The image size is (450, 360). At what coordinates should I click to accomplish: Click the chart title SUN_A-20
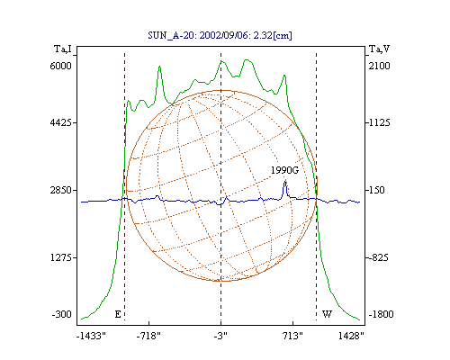point(171,35)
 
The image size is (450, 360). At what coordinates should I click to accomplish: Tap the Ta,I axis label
point(63,49)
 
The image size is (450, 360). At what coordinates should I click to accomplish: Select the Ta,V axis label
point(379,49)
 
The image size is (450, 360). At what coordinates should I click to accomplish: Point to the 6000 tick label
point(61,66)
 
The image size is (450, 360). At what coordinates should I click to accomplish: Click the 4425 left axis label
point(61,122)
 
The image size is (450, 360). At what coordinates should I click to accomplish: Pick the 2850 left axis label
point(61,190)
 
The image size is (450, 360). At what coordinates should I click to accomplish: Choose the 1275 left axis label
point(61,257)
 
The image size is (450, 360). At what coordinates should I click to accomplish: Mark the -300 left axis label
point(62,314)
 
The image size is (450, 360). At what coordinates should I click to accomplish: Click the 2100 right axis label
point(380,66)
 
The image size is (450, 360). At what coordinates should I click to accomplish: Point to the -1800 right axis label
point(381,314)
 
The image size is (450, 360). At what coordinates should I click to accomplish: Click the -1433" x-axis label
point(91,336)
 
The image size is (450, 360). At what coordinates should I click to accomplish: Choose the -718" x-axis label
point(148,336)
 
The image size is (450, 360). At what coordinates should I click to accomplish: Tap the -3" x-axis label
point(220,336)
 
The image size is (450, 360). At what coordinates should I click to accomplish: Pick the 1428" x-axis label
point(351,336)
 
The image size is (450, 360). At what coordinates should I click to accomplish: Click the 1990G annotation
point(284,170)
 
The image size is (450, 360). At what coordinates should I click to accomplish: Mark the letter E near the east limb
point(118,314)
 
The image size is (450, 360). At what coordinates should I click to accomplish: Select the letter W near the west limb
point(327,314)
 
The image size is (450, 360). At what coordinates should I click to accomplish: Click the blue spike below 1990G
point(285,189)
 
